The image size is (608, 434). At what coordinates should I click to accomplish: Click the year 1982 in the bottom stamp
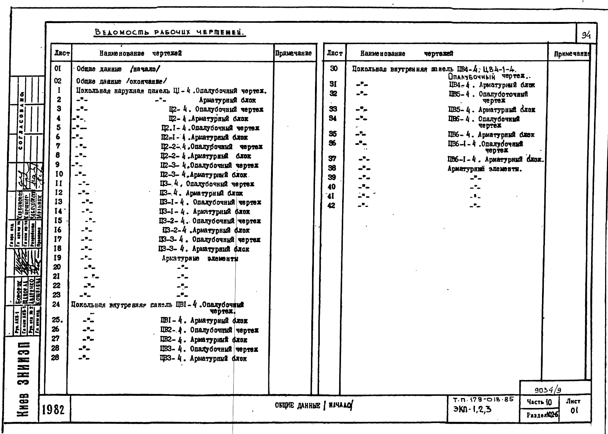pos(54,409)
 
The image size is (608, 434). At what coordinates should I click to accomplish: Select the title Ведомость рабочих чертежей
pos(170,32)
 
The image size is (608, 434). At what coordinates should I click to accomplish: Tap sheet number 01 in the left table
pos(58,69)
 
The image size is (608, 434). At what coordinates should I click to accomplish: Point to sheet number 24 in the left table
pos(56,304)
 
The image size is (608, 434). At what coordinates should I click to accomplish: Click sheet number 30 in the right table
pos(334,69)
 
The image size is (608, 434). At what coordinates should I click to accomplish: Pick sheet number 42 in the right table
pos(331,205)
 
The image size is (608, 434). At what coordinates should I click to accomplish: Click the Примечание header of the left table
pos(293,53)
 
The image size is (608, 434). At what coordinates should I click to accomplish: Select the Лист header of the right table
pos(334,54)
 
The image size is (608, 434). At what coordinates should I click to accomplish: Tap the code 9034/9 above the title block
pos(547,390)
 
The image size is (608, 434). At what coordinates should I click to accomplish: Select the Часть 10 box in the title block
pos(539,402)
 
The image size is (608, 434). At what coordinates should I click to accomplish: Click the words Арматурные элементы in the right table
pos(484,169)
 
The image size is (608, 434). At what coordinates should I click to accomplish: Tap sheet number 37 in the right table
pos(332,159)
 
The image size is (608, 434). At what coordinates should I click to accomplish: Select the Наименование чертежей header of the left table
pos(140,54)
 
